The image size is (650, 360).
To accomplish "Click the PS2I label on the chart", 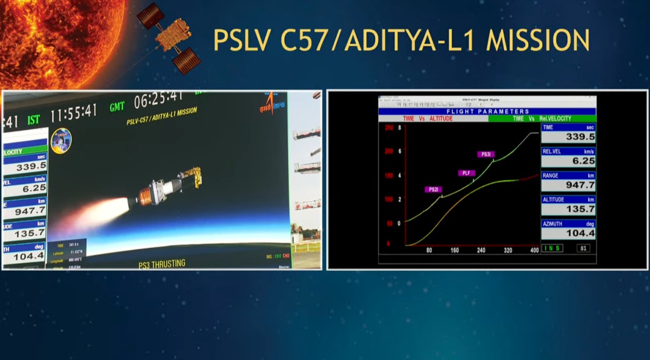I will tap(433, 190).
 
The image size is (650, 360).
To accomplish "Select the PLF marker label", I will tap(466, 173).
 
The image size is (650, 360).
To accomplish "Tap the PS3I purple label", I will tap(486, 154).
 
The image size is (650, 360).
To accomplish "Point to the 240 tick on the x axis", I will tap(481, 250).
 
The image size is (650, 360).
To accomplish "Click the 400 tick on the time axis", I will tap(534, 250).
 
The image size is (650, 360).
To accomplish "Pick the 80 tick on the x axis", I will tap(429, 250).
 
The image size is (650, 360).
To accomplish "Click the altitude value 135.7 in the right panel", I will tap(580, 209).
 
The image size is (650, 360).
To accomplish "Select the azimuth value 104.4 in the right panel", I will tap(580, 233).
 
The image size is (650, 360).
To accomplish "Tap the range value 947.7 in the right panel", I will tap(580, 185).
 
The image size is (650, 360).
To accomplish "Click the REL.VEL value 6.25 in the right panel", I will tap(583, 161).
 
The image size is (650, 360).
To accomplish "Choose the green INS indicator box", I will tap(552, 248).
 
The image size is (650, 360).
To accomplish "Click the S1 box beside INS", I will tap(583, 248).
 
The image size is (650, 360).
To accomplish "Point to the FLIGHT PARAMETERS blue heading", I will tap(487, 112).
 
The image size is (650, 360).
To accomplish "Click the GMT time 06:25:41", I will tap(158, 100).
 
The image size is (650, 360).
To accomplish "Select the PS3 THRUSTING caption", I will tap(162, 264).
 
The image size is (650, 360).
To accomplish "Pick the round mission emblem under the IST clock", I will tap(61, 141).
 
